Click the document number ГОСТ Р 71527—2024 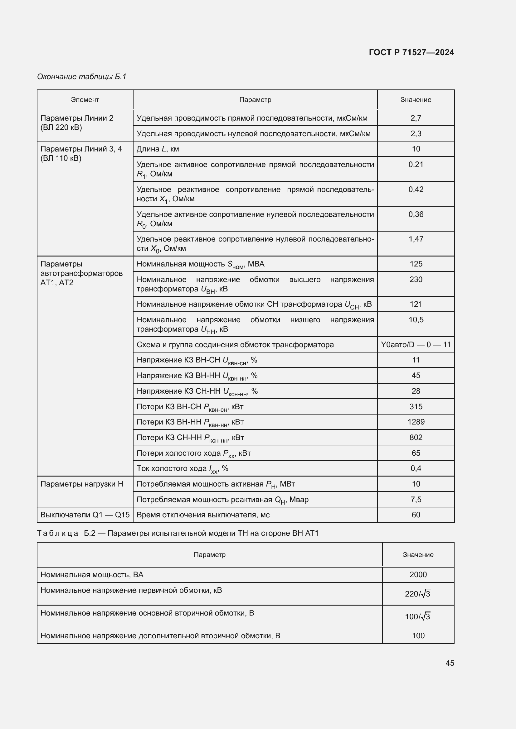click(411, 52)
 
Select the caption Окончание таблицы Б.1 click(82, 77)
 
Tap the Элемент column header click(85, 100)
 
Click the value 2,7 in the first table click(416, 118)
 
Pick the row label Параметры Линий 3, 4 click(81, 149)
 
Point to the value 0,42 click(416, 189)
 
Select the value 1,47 click(416, 239)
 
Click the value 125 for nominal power click(416, 264)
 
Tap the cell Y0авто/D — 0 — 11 click(416, 344)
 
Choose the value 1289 click(416, 422)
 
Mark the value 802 click(416, 438)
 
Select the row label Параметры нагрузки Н click(82, 484)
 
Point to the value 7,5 click(416, 499)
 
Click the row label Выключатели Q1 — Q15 click(85, 515)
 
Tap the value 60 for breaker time click(416, 515)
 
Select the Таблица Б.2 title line click(178, 533)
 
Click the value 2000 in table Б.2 click(418, 575)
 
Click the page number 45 click(450, 663)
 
